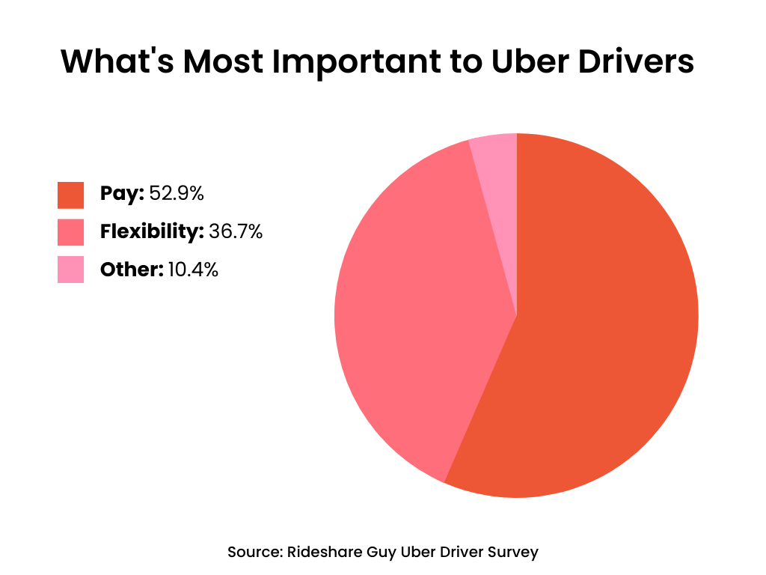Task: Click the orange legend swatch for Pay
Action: click(70, 195)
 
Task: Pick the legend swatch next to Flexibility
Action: click(70, 232)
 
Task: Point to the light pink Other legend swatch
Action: click(70, 270)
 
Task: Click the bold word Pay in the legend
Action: click(121, 194)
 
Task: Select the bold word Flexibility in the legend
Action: click(152, 232)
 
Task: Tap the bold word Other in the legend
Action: click(132, 270)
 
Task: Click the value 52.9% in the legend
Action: click(177, 194)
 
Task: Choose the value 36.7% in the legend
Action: click(236, 232)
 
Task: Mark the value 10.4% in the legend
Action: click(193, 270)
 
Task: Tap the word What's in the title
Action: click(116, 62)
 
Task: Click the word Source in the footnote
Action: click(253, 553)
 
